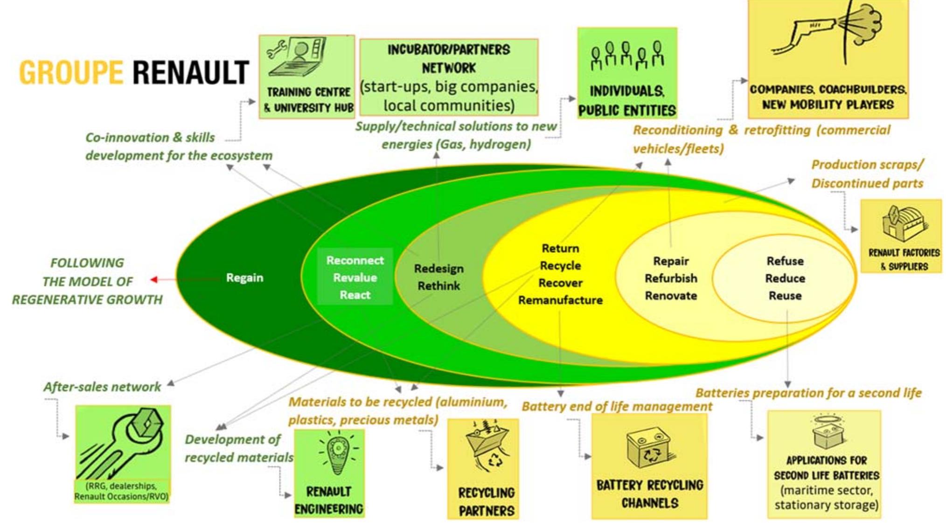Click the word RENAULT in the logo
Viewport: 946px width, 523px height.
tap(190, 72)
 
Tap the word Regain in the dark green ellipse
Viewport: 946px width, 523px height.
tap(244, 278)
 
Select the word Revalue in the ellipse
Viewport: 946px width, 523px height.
tap(355, 278)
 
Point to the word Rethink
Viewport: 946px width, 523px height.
tap(438, 286)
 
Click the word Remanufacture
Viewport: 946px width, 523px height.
tap(560, 300)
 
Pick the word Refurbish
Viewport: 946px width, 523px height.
tap(671, 279)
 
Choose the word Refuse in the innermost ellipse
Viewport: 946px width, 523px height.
tap(785, 261)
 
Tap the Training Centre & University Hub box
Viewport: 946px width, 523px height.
tap(306, 77)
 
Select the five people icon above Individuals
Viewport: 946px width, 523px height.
tap(627, 56)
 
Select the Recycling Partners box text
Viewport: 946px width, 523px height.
tap(486, 502)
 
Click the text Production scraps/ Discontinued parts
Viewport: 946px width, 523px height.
tap(867, 174)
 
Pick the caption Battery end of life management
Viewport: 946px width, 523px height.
tap(616, 406)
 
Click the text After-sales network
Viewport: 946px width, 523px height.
tap(102, 387)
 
